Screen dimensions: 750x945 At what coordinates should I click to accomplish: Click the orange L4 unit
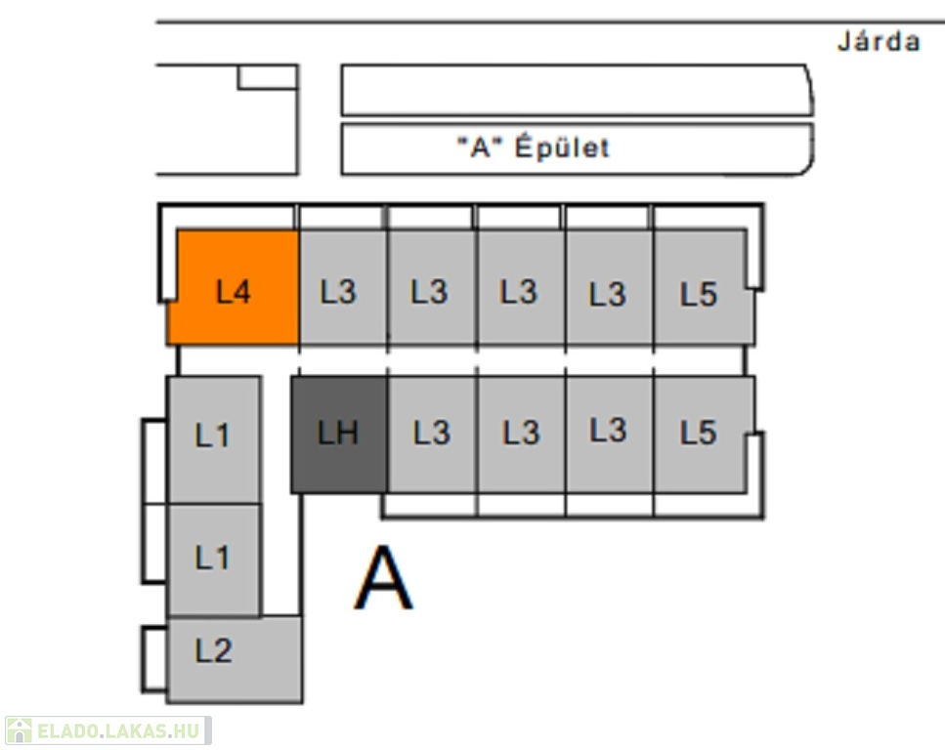[234, 290]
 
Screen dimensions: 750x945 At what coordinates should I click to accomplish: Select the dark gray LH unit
[339, 434]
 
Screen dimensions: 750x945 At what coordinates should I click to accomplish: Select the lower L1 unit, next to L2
[213, 560]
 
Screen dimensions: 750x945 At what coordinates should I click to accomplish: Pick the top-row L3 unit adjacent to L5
[609, 290]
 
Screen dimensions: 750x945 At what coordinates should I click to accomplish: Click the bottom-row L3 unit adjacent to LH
[432, 433]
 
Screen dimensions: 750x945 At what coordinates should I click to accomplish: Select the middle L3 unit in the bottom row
[521, 433]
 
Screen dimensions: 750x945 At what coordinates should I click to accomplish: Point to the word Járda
[879, 42]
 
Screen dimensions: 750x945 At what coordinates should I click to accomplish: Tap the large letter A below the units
[383, 579]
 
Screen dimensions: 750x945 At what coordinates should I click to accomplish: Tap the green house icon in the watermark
[19, 730]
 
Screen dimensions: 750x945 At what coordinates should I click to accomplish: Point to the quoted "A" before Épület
[480, 148]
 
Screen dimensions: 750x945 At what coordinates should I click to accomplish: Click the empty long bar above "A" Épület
[576, 90]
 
